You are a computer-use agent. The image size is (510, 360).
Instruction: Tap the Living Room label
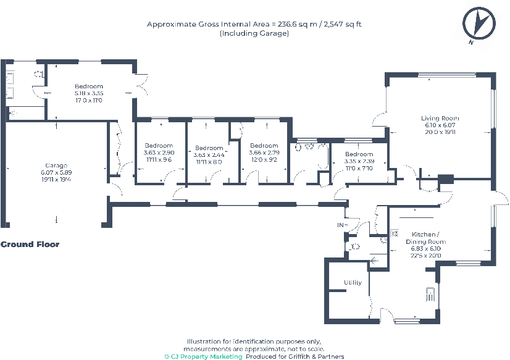[x=440, y=118]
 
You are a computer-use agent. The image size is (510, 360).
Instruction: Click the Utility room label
[x=353, y=283]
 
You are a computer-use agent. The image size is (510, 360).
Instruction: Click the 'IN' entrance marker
[x=340, y=225]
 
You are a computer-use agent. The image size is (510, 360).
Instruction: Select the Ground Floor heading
[x=30, y=245]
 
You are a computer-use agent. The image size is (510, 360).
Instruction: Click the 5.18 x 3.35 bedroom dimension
[x=89, y=93]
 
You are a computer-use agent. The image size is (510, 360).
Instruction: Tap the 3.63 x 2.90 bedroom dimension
[x=159, y=152]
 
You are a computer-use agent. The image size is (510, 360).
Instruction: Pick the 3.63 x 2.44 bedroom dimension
[x=209, y=155]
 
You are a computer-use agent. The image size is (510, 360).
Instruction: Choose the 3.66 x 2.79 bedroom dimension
[x=264, y=152]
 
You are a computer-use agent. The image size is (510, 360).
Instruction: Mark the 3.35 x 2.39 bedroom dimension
[x=359, y=161]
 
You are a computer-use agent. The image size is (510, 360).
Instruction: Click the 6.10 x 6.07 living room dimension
[x=440, y=125]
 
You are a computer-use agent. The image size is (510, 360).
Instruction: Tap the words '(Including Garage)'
[x=254, y=33]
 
